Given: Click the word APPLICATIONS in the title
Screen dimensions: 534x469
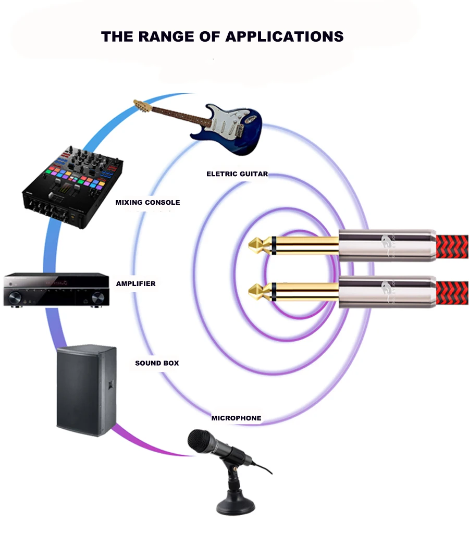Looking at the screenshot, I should (284, 37).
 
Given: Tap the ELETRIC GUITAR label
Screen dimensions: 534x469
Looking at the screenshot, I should (237, 174).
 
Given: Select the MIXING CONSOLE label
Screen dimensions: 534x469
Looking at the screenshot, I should (147, 202).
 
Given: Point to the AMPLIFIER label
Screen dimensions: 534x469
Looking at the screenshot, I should (135, 284).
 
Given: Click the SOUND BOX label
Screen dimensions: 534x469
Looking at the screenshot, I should (157, 363).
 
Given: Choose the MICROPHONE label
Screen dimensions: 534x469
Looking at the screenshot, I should (236, 418).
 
